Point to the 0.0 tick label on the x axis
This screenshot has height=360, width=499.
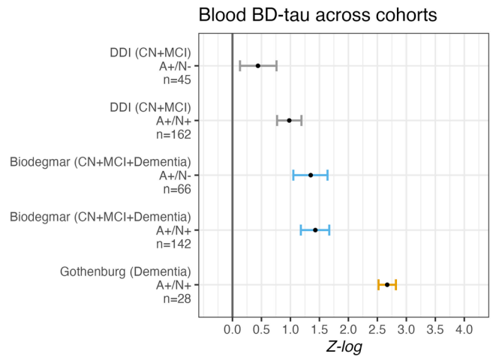click(233, 328)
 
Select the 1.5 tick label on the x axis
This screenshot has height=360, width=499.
click(319, 328)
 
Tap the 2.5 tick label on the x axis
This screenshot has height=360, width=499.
click(377, 328)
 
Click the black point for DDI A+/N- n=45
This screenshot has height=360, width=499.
click(258, 65)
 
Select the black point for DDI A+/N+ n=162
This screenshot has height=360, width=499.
click(289, 120)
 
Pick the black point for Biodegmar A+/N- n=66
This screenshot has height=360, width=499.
click(311, 175)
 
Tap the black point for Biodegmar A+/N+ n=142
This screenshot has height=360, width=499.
click(315, 229)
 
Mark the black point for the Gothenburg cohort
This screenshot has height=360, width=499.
click(387, 284)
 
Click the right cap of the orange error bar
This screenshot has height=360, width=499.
click(395, 284)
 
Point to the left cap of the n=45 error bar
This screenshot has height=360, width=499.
click(240, 65)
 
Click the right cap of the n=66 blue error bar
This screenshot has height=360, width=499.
click(328, 175)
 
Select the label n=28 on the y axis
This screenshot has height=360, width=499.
click(177, 298)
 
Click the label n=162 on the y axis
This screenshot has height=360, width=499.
click(174, 134)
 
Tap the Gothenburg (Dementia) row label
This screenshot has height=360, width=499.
click(125, 271)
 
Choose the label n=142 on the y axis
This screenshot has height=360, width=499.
click(174, 244)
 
